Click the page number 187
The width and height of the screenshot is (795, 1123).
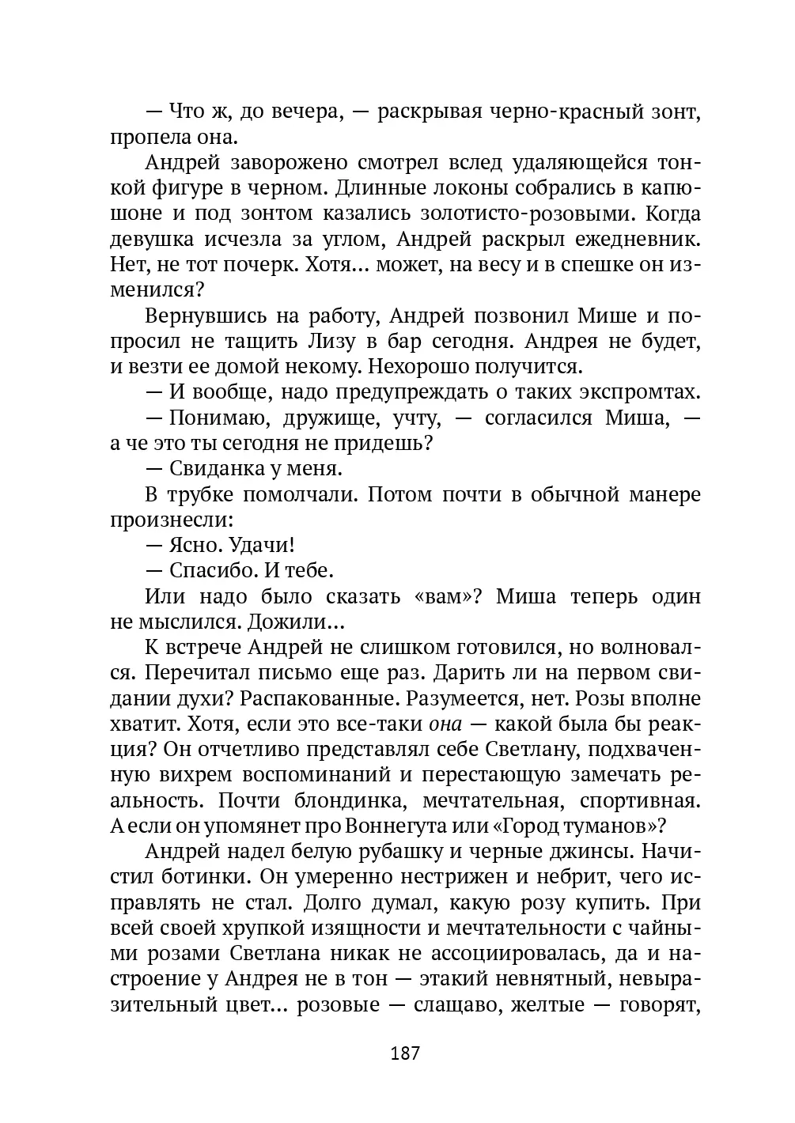click(404, 1053)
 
